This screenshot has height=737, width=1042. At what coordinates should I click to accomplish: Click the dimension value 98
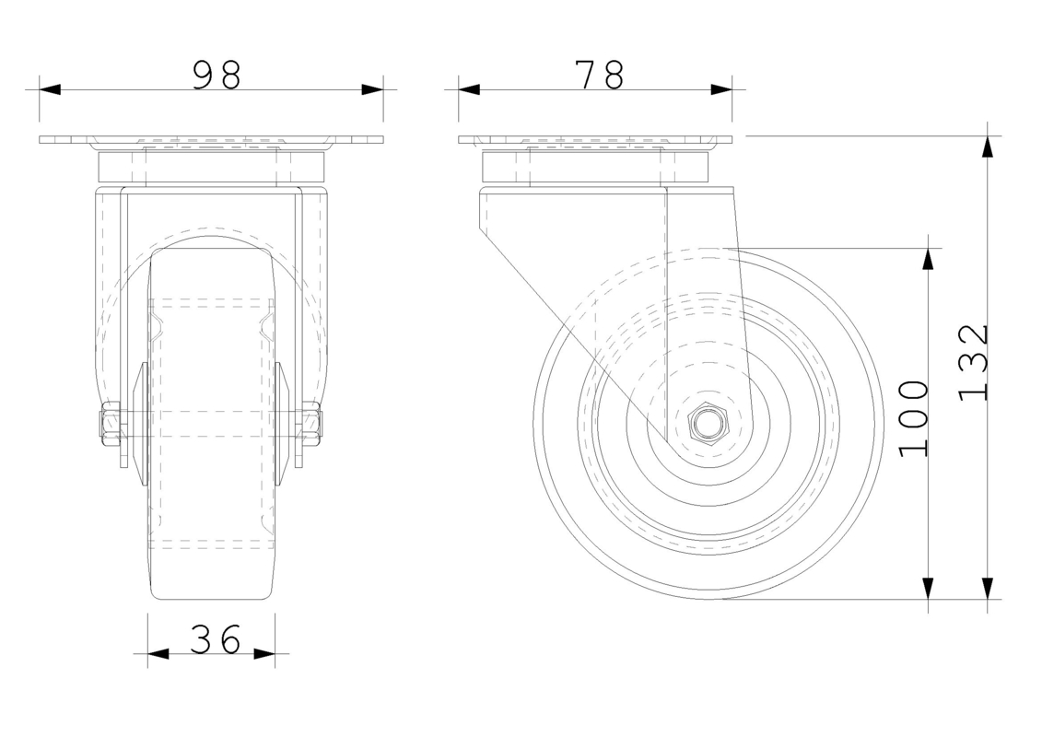[x=217, y=76]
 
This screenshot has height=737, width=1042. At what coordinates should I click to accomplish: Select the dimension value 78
[x=599, y=76]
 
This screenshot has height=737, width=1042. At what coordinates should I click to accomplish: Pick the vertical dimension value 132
[x=973, y=362]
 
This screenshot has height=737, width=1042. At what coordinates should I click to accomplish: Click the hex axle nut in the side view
[x=707, y=425]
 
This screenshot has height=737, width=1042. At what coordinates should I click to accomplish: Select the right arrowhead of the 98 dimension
[x=372, y=89]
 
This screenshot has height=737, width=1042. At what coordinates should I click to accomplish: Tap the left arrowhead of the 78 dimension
[x=469, y=89]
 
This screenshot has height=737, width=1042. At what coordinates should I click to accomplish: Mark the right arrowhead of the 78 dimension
[x=721, y=89]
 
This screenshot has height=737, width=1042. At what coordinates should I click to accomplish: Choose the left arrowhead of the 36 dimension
[x=158, y=654]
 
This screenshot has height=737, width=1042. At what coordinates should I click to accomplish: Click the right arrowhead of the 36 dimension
[x=264, y=654]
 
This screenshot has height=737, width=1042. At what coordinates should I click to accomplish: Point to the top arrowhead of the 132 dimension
[x=988, y=147]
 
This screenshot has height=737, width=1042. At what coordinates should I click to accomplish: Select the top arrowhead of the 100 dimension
[x=928, y=259]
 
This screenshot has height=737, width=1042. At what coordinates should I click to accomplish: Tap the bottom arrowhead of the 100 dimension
[x=928, y=588]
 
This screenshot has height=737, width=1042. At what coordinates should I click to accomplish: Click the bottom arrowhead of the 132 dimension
[x=988, y=588]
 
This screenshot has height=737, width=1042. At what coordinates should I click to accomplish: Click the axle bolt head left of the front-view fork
[x=110, y=424]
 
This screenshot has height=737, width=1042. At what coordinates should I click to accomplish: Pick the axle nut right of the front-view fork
[x=312, y=424]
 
